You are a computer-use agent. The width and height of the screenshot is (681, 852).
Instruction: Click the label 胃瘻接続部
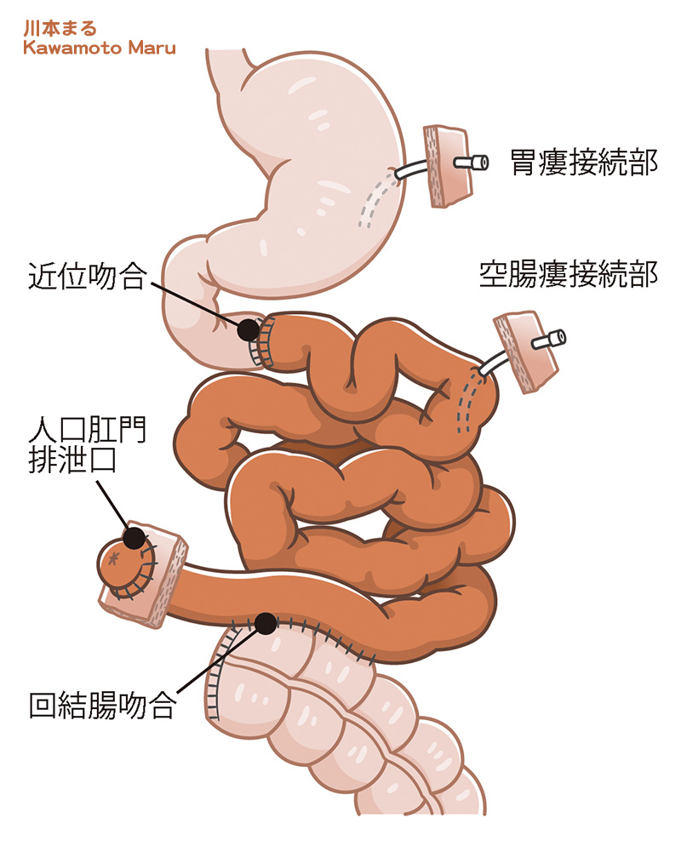[x=584, y=162]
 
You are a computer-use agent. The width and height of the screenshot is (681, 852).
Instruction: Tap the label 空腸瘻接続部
[x=568, y=274]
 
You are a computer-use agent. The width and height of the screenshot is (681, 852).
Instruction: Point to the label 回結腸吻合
[x=101, y=705]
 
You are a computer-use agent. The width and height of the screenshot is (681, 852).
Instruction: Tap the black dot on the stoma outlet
[x=134, y=538]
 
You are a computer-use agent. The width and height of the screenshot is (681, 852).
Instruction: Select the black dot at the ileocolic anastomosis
[x=265, y=623]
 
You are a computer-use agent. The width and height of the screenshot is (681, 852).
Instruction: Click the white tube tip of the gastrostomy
[x=471, y=162]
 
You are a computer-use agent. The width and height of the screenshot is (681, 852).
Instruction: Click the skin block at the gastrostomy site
[x=446, y=166]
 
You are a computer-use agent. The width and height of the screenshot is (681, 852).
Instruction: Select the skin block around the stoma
[x=167, y=569]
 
